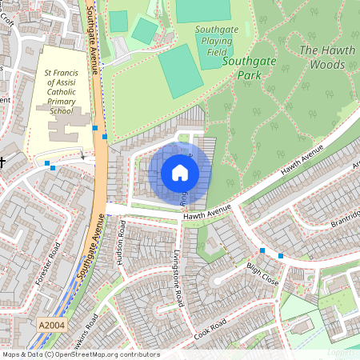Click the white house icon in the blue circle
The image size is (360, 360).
(x=180, y=173)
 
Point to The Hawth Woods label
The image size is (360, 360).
(x=327, y=56)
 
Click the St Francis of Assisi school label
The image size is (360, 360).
(x=62, y=92)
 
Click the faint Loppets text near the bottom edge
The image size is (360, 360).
(x=342, y=352)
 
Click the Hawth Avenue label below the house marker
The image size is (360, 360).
(x=206, y=212)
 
